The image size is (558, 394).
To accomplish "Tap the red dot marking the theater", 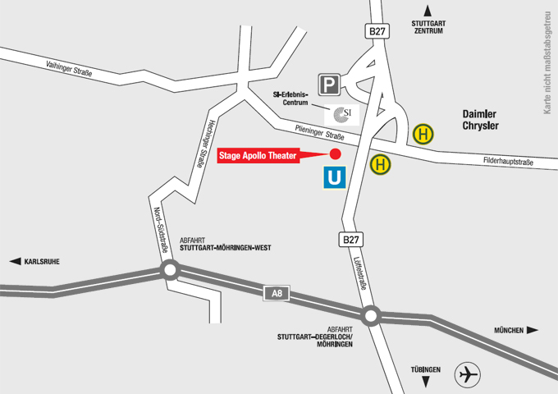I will (335, 153).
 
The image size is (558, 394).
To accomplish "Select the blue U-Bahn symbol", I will (333, 177).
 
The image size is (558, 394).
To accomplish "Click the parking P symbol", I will (330, 84).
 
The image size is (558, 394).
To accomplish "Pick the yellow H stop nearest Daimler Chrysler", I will (423, 133).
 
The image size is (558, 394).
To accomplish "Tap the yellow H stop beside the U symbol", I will (381, 164).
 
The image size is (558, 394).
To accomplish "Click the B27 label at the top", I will (376, 31).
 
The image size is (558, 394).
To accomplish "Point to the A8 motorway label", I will (277, 292).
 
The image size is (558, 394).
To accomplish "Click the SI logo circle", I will (342, 113).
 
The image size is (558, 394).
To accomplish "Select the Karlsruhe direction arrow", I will (14, 262).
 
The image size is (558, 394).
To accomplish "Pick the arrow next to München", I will (533, 330).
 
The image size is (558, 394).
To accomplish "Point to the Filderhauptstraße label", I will (508, 161).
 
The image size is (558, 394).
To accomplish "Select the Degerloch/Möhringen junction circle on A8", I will (371, 315).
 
